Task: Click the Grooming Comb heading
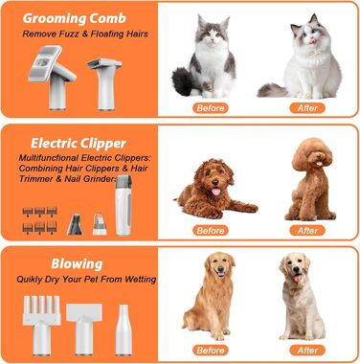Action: click(75, 18)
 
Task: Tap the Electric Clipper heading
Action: click(79, 144)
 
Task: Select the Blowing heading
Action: click(77, 264)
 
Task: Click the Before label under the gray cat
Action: click(211, 108)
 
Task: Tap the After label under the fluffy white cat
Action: click(307, 108)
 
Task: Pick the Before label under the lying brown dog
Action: click(211, 230)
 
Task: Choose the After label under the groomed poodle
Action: click(307, 230)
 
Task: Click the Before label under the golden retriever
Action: click(211, 350)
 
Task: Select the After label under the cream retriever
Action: click(307, 350)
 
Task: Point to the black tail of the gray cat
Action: click(183, 80)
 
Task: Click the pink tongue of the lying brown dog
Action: click(216, 192)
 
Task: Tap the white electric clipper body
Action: click(124, 205)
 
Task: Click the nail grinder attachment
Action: click(100, 223)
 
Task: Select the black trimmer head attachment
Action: click(75, 224)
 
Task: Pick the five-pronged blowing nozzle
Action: click(41, 325)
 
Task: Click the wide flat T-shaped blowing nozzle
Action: click(84, 329)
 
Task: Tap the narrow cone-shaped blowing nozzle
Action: click(124, 330)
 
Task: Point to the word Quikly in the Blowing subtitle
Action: click(30, 280)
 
